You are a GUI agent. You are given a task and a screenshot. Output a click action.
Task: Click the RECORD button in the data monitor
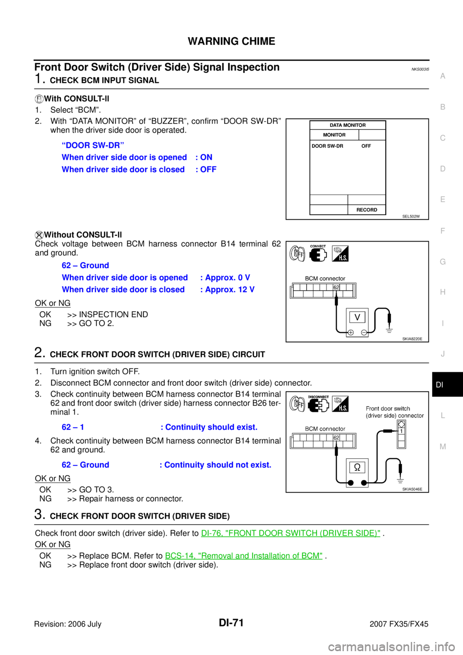coord(367,210)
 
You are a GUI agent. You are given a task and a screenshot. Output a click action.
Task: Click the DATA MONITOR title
coord(347,125)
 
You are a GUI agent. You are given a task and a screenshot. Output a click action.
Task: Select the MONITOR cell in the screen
coord(334,135)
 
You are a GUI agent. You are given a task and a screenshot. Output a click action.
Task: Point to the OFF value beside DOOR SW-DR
coord(366,146)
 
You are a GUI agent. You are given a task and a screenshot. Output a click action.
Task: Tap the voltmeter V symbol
coord(357,317)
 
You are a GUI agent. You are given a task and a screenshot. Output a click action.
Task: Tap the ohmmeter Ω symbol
coord(357,467)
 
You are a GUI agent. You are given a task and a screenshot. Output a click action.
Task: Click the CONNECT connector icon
coord(318,254)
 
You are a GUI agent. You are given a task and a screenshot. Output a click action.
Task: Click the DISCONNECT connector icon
coord(318,404)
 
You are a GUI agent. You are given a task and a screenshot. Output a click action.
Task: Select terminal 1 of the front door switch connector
coord(401,432)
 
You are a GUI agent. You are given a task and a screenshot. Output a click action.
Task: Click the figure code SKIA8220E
coord(412,339)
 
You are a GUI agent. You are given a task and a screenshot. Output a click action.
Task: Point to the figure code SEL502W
coord(411,217)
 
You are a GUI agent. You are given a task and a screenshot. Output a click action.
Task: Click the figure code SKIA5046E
coord(412,490)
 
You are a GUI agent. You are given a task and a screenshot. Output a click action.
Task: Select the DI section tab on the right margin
coord(439,385)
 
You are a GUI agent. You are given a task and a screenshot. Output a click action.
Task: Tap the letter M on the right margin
coord(443,447)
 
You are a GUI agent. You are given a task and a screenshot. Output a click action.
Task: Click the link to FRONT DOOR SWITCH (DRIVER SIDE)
coord(290,533)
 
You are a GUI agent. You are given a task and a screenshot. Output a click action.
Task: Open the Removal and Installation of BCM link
coord(244,556)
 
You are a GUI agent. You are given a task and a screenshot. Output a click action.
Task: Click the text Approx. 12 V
coord(230,289)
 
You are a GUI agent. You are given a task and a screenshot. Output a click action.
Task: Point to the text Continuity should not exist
coord(218,465)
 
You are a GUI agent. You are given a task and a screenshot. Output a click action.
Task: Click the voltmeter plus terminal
coord(351,332)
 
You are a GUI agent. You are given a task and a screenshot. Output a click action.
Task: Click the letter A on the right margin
coord(443,76)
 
